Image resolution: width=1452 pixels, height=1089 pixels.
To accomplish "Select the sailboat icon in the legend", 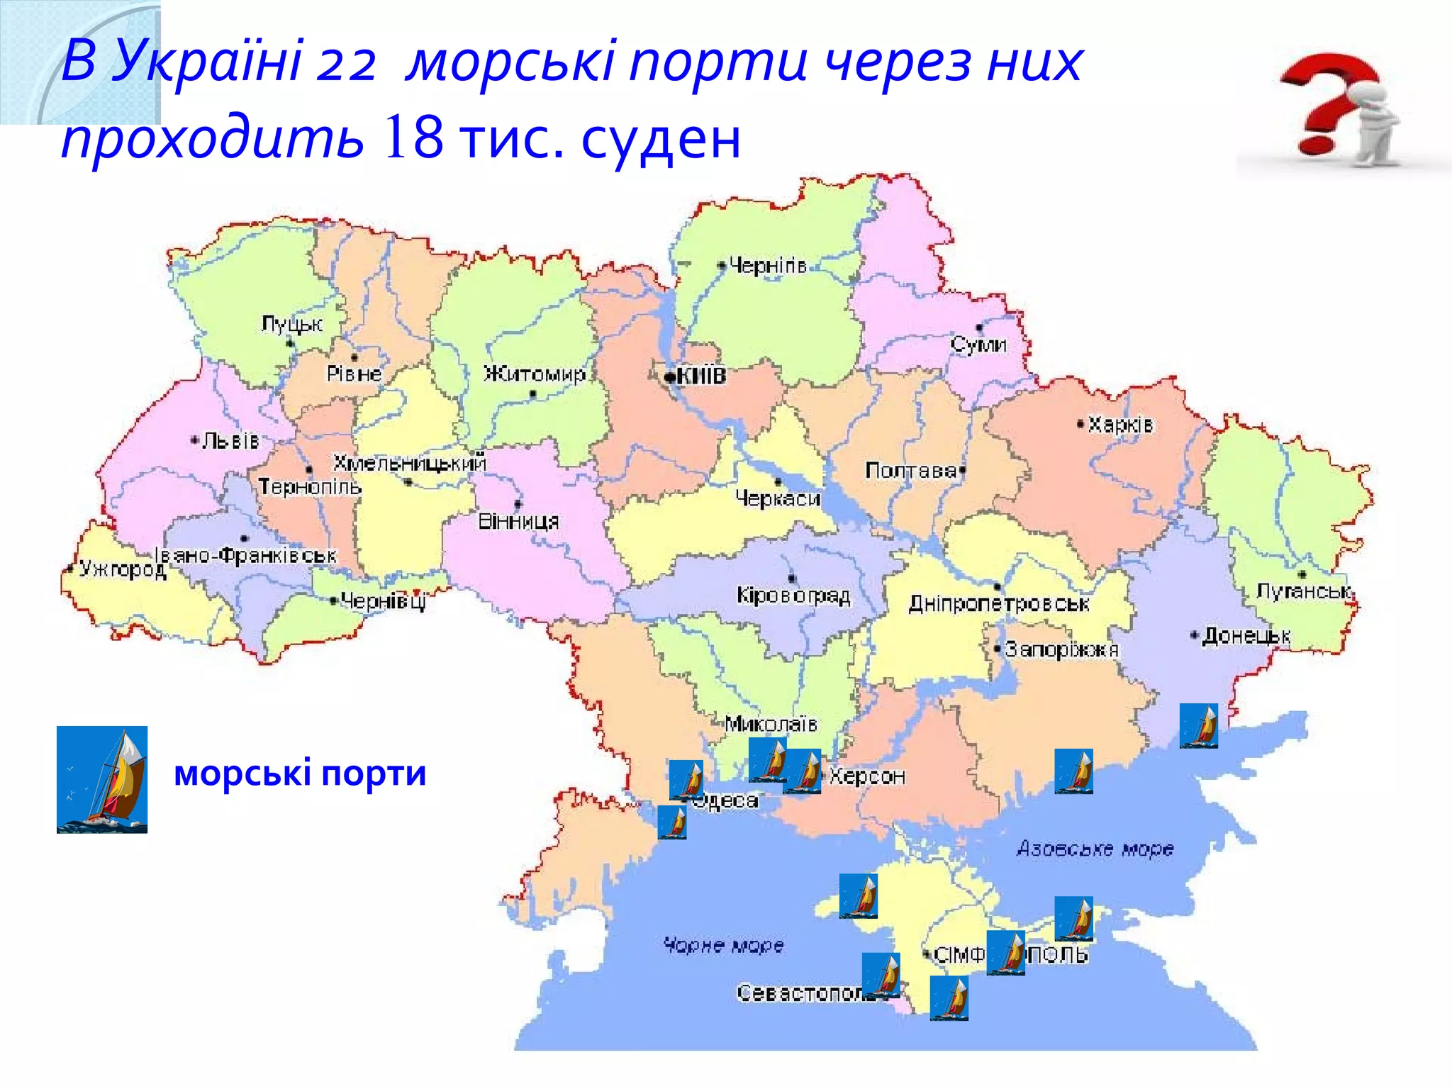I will pyautogui.click(x=102, y=779).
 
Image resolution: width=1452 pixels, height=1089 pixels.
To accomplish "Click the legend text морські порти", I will pyautogui.click(x=300, y=773).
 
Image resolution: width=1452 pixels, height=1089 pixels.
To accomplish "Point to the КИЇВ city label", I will pyautogui.click(x=700, y=376).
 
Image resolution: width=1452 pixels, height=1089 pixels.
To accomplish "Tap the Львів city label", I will pyautogui.click(x=230, y=441).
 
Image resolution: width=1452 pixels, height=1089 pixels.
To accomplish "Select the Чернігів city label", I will pyautogui.click(x=768, y=266).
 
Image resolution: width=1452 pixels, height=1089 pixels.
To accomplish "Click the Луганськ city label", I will pyautogui.click(x=1305, y=591).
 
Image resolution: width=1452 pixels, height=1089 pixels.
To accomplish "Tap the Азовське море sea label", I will pyautogui.click(x=1095, y=849).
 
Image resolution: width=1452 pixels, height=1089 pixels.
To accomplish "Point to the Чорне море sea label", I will pyautogui.click(x=724, y=945).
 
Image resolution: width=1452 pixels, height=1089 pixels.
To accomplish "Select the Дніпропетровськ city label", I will pyautogui.click(x=999, y=604).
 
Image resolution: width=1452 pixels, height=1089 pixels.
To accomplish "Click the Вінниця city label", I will pyautogui.click(x=518, y=522).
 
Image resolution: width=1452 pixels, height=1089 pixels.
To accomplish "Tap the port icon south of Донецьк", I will pyautogui.click(x=1198, y=725).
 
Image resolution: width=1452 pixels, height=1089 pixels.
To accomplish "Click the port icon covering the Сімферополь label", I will pyautogui.click(x=1005, y=954).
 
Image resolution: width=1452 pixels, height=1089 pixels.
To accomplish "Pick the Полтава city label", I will pyautogui.click(x=911, y=471).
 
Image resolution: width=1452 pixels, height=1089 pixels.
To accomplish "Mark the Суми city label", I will pyautogui.click(x=978, y=345).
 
